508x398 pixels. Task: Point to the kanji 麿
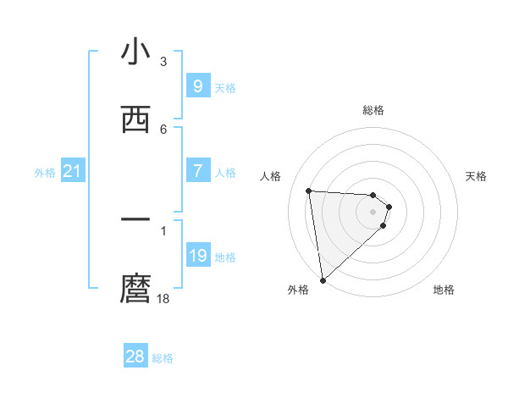coord(135,289)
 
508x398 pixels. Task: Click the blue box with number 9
coord(197,86)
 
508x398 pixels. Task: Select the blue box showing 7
coord(197,171)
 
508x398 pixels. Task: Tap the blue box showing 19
coord(197,256)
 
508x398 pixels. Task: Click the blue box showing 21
coord(73,172)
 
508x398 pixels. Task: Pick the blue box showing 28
coord(135,357)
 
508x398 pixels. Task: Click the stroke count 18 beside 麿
coord(163,298)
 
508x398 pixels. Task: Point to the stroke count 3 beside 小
coord(163,61)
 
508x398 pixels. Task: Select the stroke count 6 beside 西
coord(163,129)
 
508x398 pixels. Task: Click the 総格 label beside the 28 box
coord(163,358)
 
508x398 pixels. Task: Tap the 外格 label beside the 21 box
coord(45,173)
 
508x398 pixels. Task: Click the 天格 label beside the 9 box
coord(225,87)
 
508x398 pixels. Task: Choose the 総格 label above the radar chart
coord(373,110)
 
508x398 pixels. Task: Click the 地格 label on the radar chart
coord(444,290)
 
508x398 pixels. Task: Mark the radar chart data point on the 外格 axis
coord(323,279)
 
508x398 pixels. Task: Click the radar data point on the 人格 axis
coord(309,191)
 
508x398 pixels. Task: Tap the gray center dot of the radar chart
coord(373,212)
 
